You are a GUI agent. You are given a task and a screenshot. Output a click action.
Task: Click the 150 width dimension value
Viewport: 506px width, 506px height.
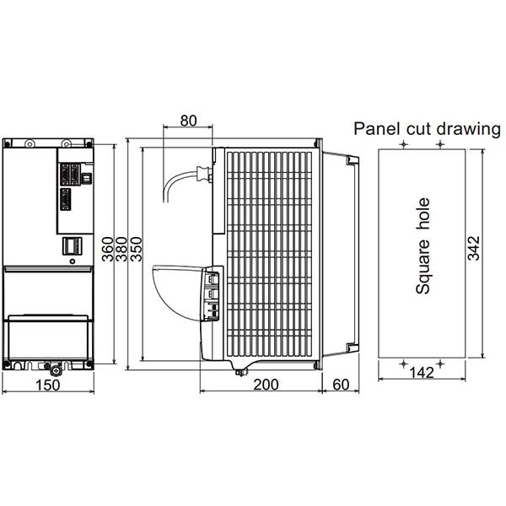point(48,385)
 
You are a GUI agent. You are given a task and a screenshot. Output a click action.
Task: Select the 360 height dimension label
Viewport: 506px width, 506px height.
point(108,249)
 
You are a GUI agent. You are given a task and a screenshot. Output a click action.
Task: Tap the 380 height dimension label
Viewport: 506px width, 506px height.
point(121,249)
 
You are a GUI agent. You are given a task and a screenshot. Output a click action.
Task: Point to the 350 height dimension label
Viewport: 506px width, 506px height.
point(136,249)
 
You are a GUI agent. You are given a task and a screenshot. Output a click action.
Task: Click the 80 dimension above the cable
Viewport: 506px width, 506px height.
point(188,121)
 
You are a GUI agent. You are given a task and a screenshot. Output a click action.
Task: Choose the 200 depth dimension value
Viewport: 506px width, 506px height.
point(266,385)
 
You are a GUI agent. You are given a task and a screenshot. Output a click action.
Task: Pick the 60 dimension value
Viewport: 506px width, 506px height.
point(341,385)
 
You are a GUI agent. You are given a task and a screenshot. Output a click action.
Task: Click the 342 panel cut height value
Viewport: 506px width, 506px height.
point(474,248)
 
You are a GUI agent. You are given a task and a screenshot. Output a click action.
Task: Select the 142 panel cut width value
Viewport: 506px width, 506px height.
point(422,373)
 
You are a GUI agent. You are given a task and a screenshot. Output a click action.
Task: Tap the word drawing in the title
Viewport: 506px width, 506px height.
point(469,129)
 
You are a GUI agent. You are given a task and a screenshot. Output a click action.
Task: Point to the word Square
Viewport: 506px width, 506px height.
point(423,267)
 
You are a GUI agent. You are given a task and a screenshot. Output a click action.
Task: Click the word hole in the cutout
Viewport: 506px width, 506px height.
point(423,213)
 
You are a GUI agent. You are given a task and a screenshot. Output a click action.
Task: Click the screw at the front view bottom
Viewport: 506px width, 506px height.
point(57,371)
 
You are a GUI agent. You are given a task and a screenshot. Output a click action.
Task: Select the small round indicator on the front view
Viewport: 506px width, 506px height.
point(73,261)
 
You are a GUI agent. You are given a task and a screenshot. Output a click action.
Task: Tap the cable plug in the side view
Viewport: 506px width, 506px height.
point(204,175)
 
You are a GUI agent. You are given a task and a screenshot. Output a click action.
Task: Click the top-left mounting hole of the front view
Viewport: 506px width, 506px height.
point(30,143)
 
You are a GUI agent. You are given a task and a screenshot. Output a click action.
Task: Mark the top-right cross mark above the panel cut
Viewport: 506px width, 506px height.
point(440,144)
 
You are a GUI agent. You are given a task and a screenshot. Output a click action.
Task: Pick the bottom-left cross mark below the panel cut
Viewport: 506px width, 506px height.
point(403,364)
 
